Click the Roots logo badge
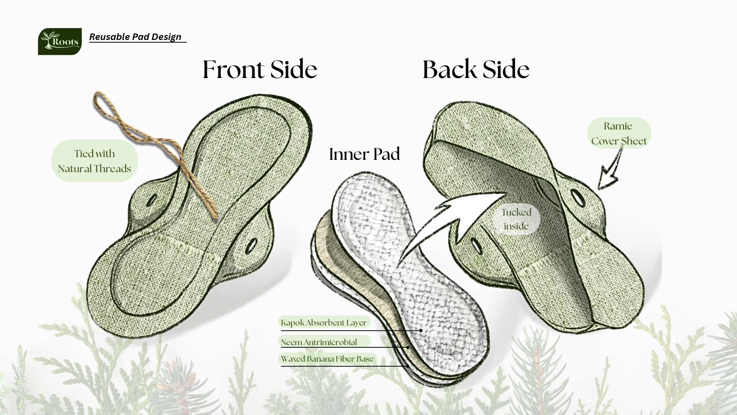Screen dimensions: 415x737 click(x=60, y=41)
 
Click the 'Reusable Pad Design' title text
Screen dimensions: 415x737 click(x=135, y=37)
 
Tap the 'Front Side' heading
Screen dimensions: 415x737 click(x=260, y=70)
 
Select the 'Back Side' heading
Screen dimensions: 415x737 click(x=476, y=70)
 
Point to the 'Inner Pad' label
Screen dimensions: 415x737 click(x=364, y=154)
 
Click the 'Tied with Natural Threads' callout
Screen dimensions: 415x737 click(x=94, y=161)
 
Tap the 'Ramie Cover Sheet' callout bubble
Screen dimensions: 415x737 click(x=619, y=133)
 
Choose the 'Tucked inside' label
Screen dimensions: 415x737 click(x=516, y=219)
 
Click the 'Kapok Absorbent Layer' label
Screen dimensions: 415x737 click(x=324, y=322)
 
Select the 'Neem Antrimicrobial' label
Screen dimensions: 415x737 click(x=319, y=342)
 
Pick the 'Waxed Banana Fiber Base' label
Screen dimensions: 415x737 click(x=327, y=359)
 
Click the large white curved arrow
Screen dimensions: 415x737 click(x=453, y=223)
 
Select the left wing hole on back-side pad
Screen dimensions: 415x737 click(x=474, y=244)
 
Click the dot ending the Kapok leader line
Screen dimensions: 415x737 click(x=421, y=330)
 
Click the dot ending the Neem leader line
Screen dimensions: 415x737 click(x=408, y=347)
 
